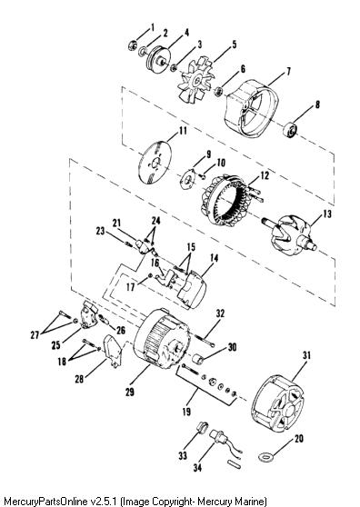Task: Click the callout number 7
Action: pos(288,71)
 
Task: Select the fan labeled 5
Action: pos(196,80)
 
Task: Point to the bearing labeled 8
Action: pos(291,130)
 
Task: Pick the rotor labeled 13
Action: pos(289,237)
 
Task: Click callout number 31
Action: pos(306,355)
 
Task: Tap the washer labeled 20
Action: pos(266,457)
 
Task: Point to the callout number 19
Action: pos(186,412)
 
